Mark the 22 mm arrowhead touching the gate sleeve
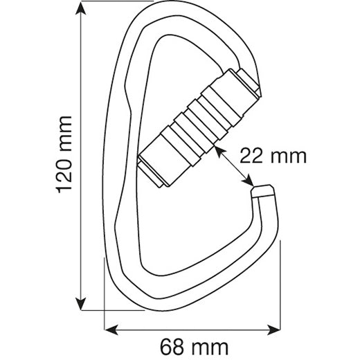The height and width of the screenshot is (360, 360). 217,147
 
